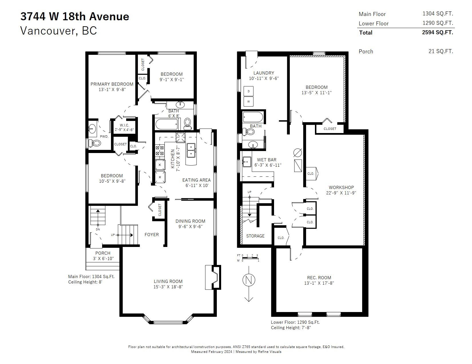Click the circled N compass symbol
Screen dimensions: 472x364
pyautogui.click(x=249, y=280)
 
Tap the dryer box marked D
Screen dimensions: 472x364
pyautogui.click(x=249, y=91)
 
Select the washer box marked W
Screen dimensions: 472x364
pyautogui.click(x=249, y=101)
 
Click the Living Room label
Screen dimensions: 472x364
pyautogui.click(x=168, y=281)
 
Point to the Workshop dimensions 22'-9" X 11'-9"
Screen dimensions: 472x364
pyautogui.click(x=341, y=193)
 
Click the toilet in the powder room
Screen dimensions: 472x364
pyautogui.click(x=95, y=143)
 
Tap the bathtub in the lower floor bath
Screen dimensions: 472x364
pyautogui.click(x=253, y=117)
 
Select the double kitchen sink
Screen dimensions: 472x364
pyautogui.click(x=191, y=150)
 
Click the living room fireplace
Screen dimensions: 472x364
pyautogui.click(x=213, y=277)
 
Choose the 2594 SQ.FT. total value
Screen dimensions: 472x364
pyautogui.click(x=437, y=33)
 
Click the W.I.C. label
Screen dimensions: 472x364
pyautogui.click(x=124, y=125)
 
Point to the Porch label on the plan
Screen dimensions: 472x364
pyautogui.click(x=103, y=253)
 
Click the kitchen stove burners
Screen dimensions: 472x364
pyautogui.click(x=160, y=150)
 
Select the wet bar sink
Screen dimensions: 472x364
pyautogui.click(x=247, y=162)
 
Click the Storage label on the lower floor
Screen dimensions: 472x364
pyautogui.click(x=255, y=236)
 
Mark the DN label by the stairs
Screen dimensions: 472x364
pyautogui.click(x=98, y=229)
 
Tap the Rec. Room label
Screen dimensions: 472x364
pyautogui.click(x=319, y=277)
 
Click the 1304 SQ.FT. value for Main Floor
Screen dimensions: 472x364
pyautogui.click(x=438, y=14)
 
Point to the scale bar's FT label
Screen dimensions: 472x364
pyautogui.click(x=239, y=256)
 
